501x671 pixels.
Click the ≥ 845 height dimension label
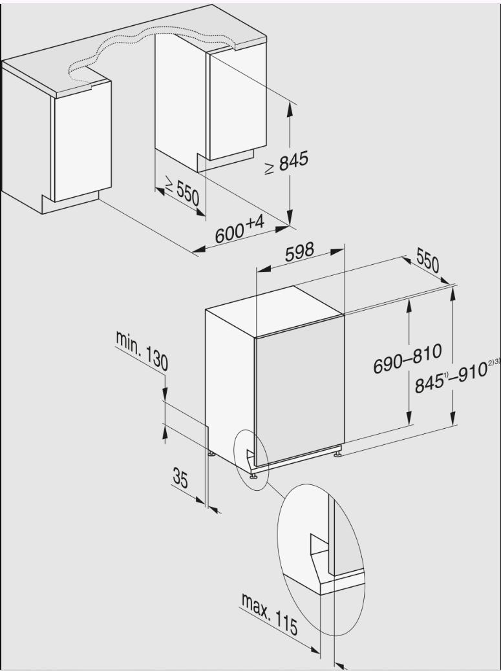(x=286, y=163)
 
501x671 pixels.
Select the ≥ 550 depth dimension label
(x=183, y=192)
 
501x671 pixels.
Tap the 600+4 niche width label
(x=239, y=230)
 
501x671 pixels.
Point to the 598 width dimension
(x=300, y=252)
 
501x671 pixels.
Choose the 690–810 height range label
(x=407, y=358)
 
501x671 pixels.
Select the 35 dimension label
(x=180, y=478)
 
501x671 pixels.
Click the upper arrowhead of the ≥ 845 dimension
(x=290, y=110)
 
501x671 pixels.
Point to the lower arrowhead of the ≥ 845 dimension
(x=290, y=217)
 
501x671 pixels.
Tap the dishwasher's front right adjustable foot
(x=337, y=453)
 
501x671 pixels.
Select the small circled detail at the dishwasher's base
(x=251, y=459)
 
